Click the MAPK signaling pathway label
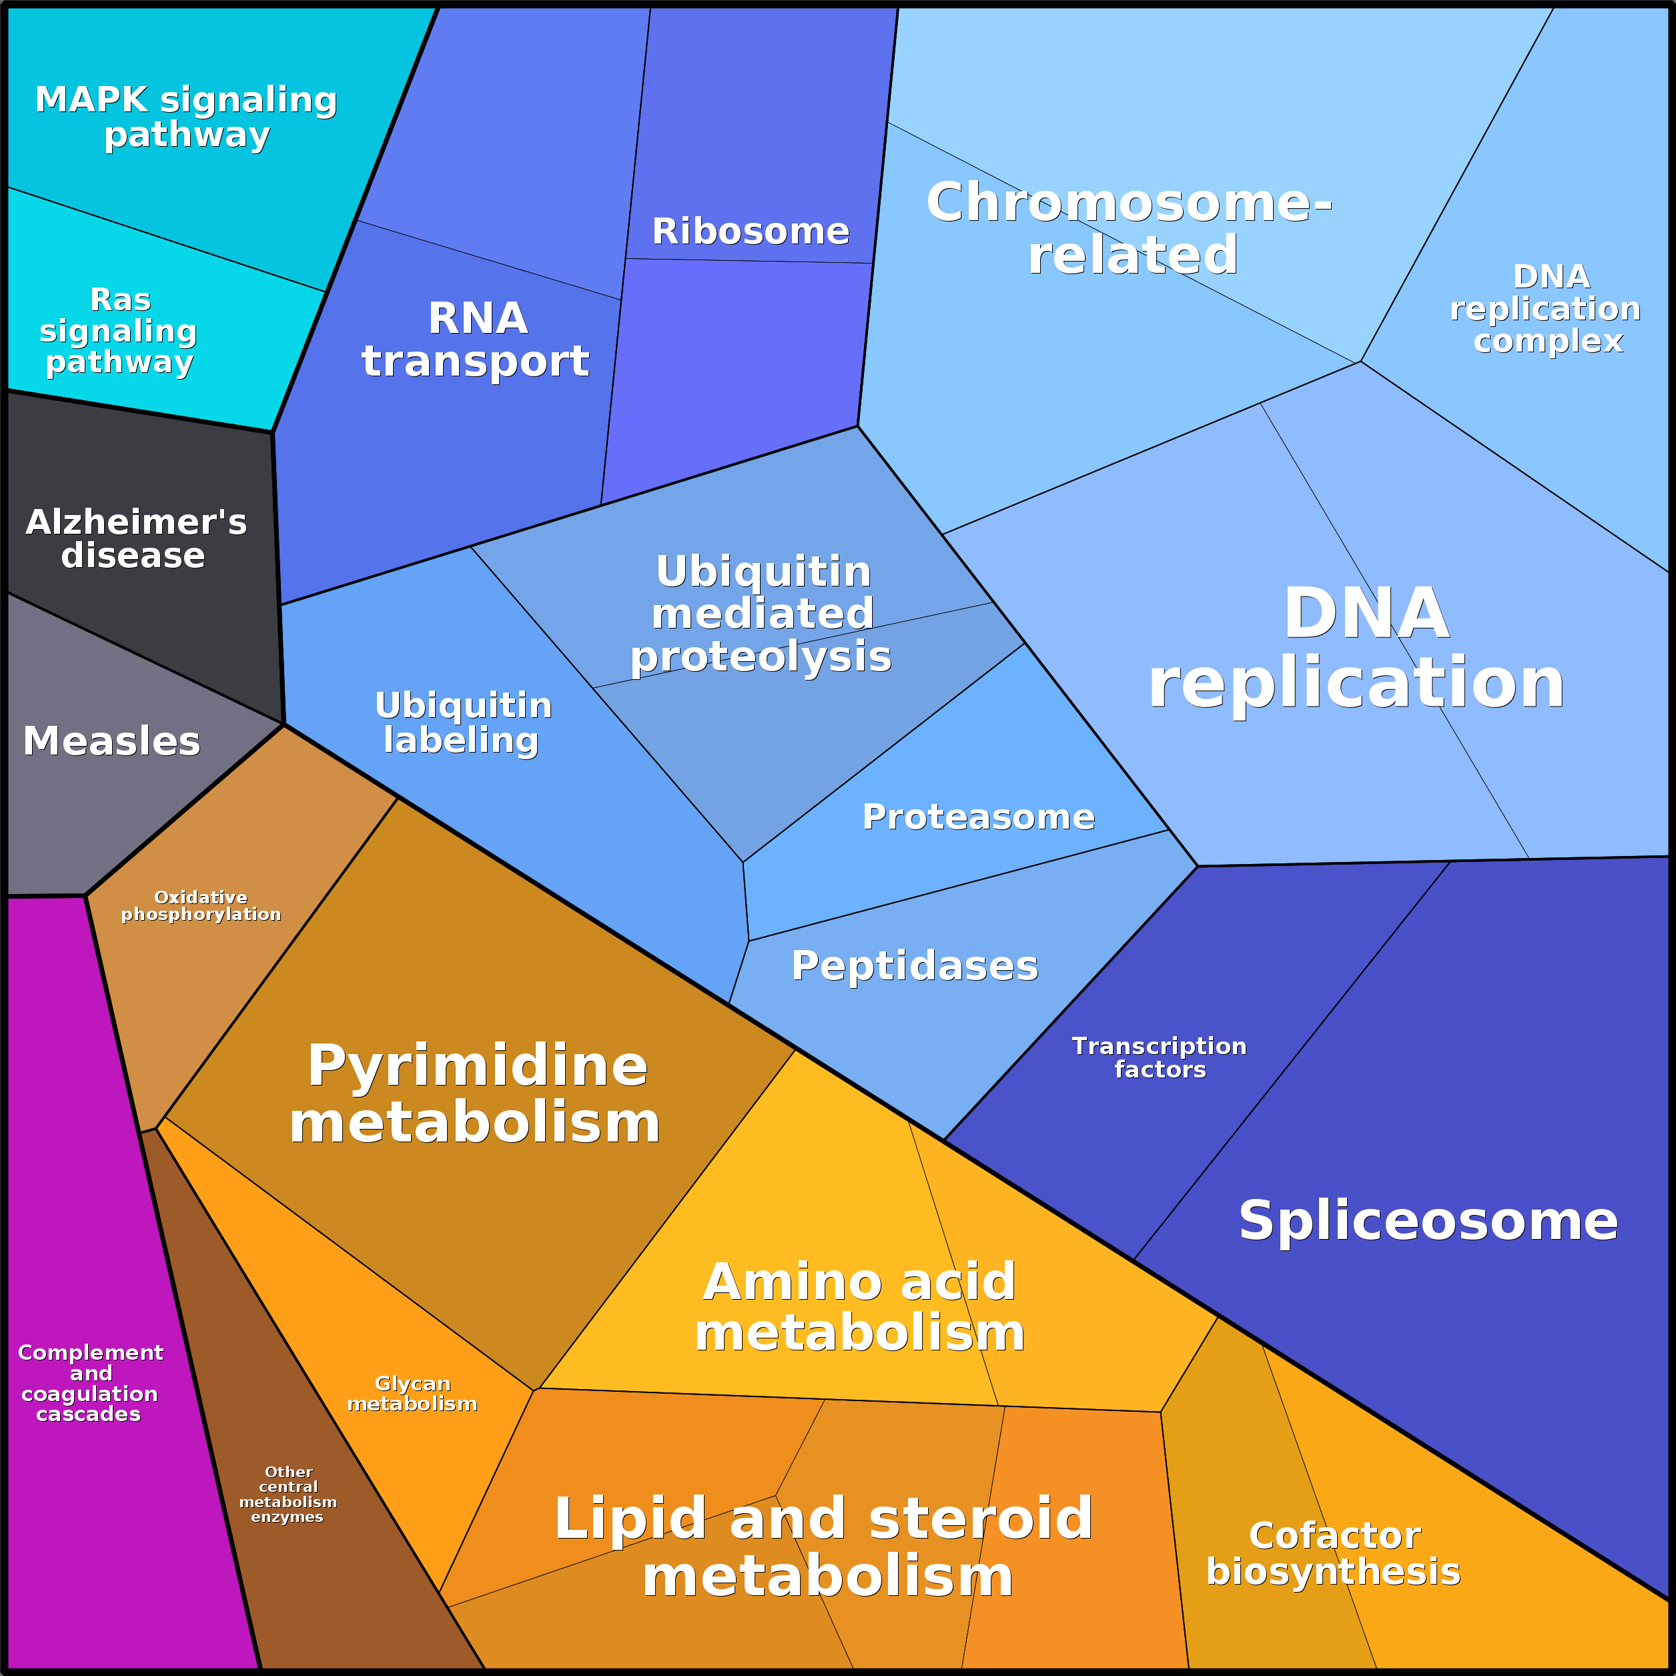click(x=185, y=117)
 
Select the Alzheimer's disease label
click(x=135, y=538)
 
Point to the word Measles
click(x=111, y=742)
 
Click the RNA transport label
click(x=476, y=339)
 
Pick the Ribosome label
click(x=751, y=232)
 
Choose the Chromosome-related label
click(x=1130, y=228)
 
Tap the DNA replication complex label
click(x=1546, y=309)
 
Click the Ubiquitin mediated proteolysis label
click(x=762, y=614)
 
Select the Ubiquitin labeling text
click(x=462, y=723)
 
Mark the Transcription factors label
click(x=1159, y=1058)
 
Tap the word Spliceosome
click(x=1428, y=1220)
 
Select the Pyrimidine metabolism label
click(x=476, y=1094)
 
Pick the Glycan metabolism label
click(x=412, y=1393)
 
